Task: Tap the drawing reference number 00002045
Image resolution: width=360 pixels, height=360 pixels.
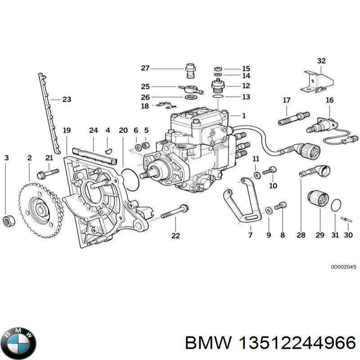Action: (343, 267)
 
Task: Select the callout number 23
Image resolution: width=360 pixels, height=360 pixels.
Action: (67, 99)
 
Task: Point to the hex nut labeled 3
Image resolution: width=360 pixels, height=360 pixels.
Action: (8, 220)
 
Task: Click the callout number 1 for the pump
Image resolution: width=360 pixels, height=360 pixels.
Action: (243, 116)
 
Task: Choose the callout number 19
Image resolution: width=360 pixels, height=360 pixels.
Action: (67, 130)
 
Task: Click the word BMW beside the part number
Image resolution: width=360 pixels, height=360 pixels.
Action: (203, 343)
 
